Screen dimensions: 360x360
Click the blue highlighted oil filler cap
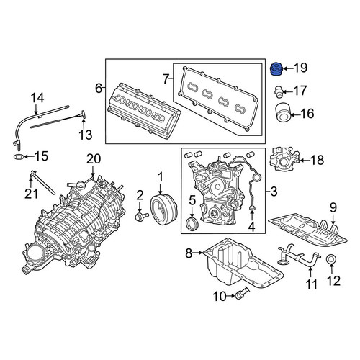(x=276, y=69)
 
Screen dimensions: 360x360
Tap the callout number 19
(x=301, y=68)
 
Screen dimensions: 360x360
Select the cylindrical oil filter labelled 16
(x=282, y=112)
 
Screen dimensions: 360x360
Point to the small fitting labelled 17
(x=279, y=91)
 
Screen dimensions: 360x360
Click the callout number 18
(x=318, y=160)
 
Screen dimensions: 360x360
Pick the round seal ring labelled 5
(x=192, y=224)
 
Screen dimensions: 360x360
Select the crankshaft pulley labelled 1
(x=163, y=210)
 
